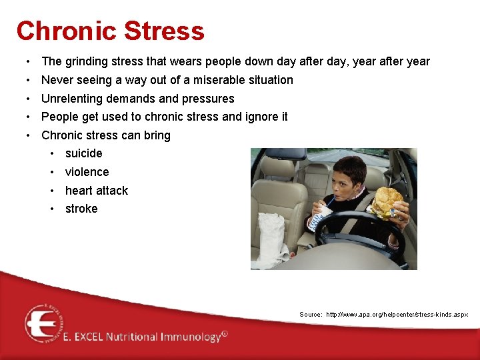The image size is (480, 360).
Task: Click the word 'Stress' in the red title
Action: (x=164, y=31)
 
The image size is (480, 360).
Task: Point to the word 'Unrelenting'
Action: (x=71, y=99)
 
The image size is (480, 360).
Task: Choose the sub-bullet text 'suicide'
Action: (x=83, y=153)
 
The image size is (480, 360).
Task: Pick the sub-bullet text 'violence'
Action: (x=87, y=172)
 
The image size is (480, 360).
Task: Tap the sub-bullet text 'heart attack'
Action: (x=96, y=191)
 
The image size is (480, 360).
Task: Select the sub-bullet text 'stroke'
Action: (x=81, y=209)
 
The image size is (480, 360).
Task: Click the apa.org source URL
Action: (x=397, y=314)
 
